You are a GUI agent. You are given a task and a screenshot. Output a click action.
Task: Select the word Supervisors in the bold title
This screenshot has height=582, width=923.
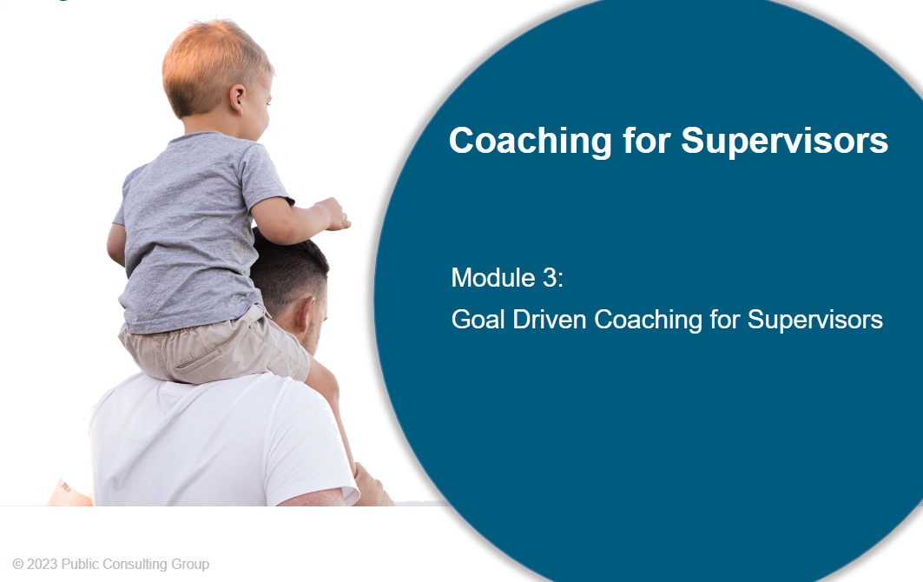click(x=785, y=141)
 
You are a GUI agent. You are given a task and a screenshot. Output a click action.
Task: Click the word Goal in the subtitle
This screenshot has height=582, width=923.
click(x=478, y=320)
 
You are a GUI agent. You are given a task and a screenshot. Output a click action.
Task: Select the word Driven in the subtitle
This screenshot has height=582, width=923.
click(x=550, y=320)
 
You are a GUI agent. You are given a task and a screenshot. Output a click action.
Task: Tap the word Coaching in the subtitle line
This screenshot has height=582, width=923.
click(x=648, y=321)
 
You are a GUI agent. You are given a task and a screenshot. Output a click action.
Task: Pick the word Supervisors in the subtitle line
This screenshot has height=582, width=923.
click(x=814, y=320)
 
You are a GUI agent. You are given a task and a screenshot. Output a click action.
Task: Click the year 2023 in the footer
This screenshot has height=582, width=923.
click(x=43, y=565)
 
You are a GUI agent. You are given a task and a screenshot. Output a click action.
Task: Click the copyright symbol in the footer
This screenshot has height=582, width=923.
click(x=18, y=565)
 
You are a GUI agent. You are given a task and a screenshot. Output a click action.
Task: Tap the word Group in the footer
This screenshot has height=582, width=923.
click(x=190, y=565)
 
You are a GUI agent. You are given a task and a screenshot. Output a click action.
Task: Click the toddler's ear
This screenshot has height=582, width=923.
click(x=237, y=98)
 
